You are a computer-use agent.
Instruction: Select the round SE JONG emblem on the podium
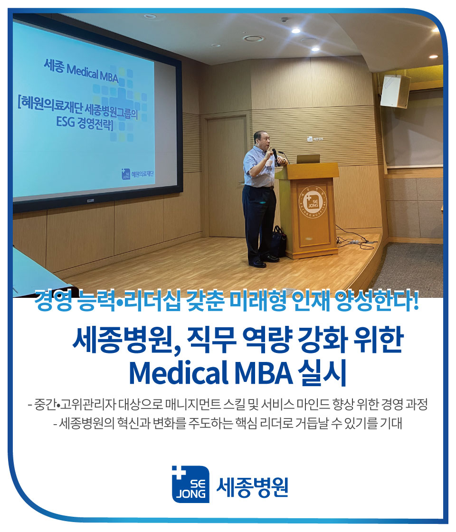[311, 199]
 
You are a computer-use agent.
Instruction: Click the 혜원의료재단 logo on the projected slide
[139, 174]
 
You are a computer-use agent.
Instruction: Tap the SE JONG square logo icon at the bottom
[190, 484]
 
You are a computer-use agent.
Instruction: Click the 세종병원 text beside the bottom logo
[252, 485]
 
